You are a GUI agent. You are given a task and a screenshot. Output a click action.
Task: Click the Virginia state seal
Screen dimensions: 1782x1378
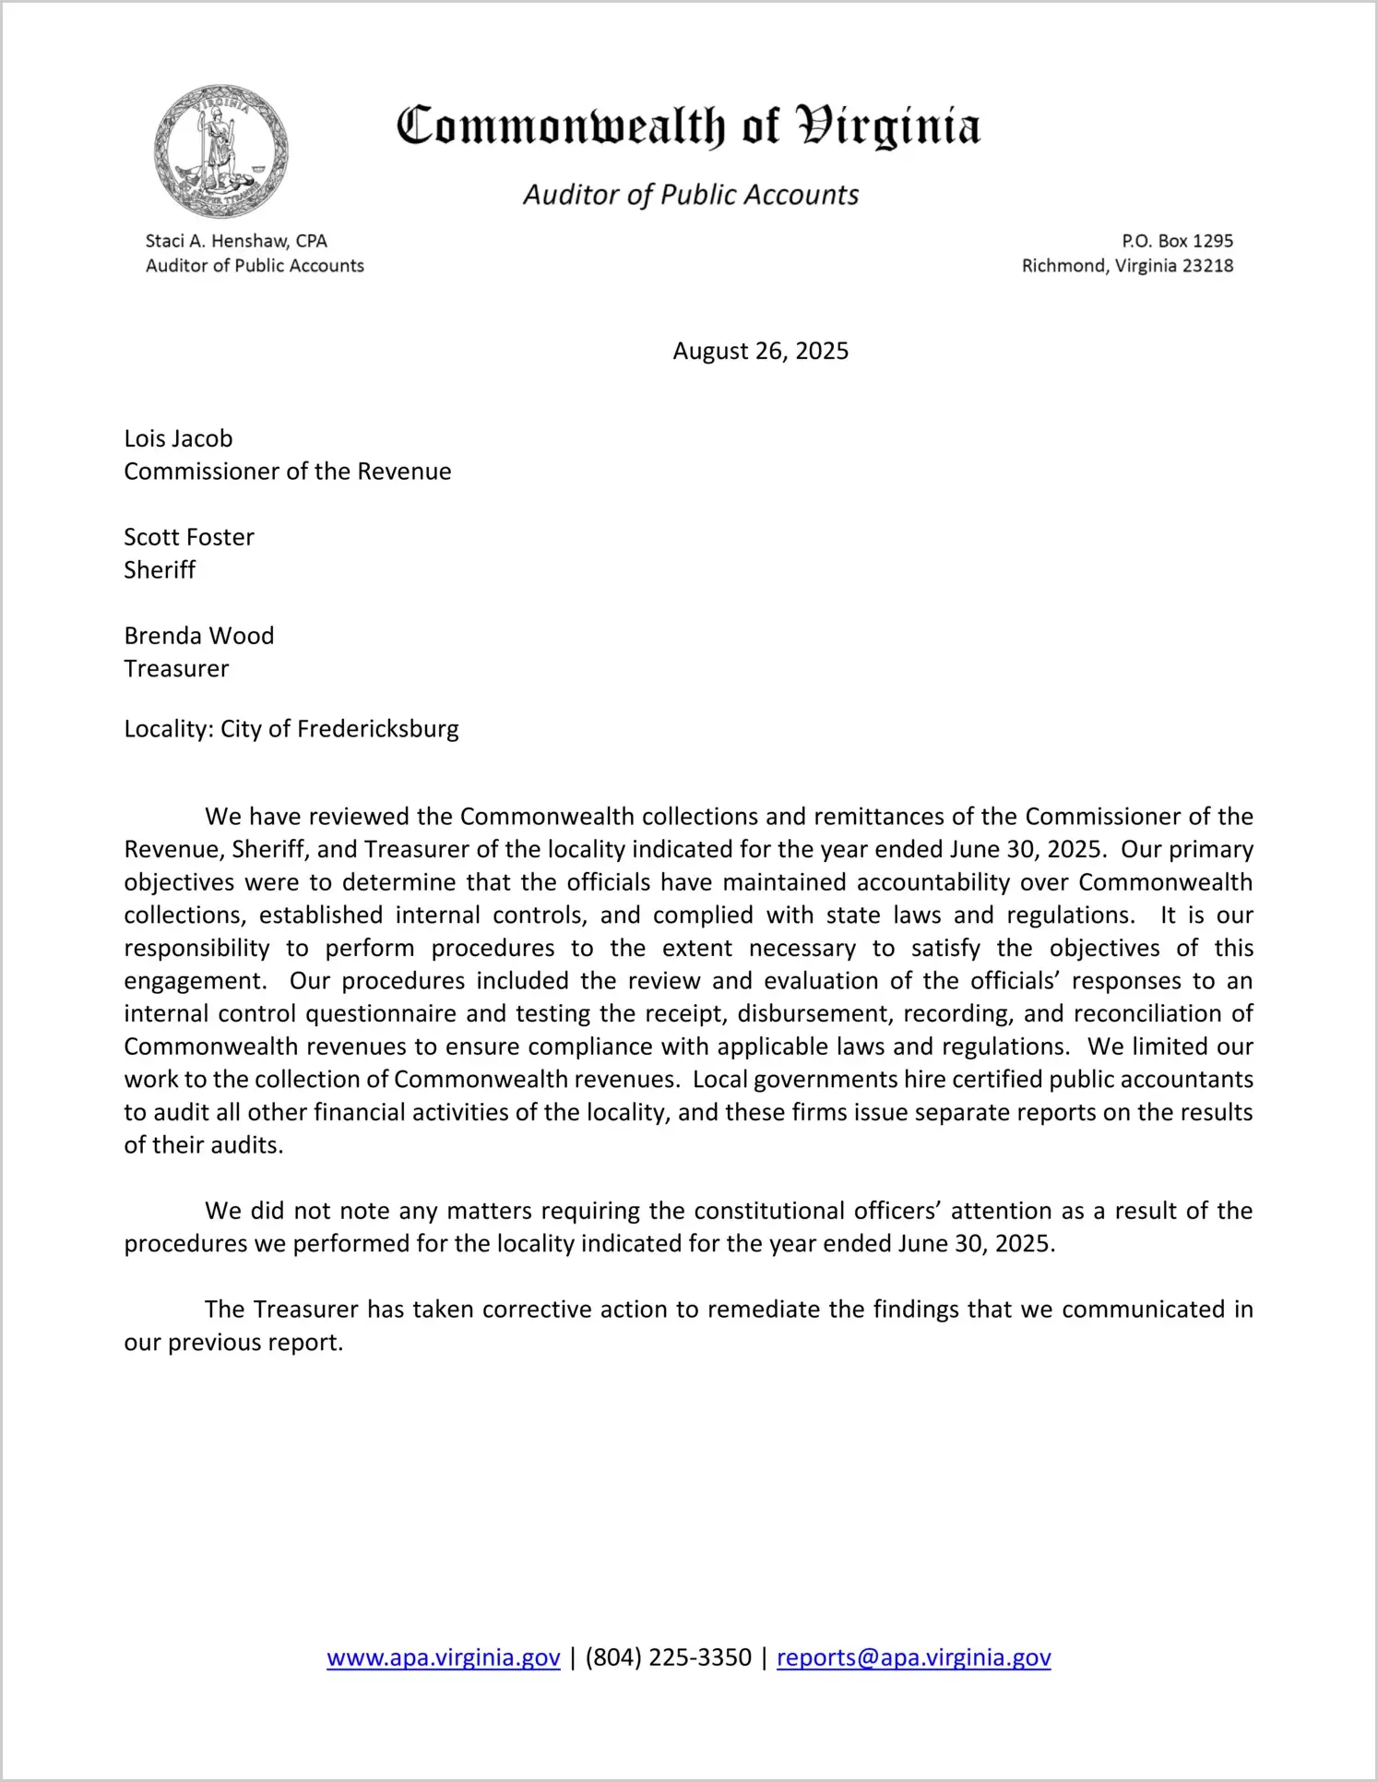tap(220, 152)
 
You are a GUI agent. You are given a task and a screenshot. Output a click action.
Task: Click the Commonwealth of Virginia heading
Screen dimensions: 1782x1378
tap(688, 126)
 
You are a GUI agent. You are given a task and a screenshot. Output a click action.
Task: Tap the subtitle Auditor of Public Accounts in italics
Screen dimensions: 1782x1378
tap(691, 195)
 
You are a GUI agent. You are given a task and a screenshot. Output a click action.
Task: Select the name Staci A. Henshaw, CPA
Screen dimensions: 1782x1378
tap(236, 241)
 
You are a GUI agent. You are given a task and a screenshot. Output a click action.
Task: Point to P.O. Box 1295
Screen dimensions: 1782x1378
tap(1177, 241)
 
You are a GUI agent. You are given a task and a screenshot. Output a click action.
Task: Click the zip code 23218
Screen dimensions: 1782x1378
tap(1207, 266)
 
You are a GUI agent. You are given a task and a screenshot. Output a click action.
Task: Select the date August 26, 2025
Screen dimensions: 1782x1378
tap(760, 351)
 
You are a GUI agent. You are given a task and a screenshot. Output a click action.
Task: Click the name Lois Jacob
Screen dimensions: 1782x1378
tap(178, 438)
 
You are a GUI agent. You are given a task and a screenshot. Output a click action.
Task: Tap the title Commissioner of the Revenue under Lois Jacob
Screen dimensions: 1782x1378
tap(288, 472)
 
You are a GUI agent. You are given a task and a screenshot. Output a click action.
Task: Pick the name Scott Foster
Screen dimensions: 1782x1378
tap(189, 537)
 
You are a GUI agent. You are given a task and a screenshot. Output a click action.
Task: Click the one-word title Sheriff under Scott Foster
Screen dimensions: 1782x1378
tap(160, 570)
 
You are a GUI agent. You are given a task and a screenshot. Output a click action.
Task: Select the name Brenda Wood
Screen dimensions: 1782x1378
tap(199, 636)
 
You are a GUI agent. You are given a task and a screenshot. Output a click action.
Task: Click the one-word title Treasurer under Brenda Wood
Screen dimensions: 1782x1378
tap(176, 669)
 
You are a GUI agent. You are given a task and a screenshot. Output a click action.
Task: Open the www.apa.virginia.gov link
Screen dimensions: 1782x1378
tap(444, 1657)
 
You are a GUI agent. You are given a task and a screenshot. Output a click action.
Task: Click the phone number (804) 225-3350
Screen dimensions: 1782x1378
tap(669, 1657)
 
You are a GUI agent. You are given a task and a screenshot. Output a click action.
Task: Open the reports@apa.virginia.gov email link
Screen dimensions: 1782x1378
tap(913, 1657)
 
